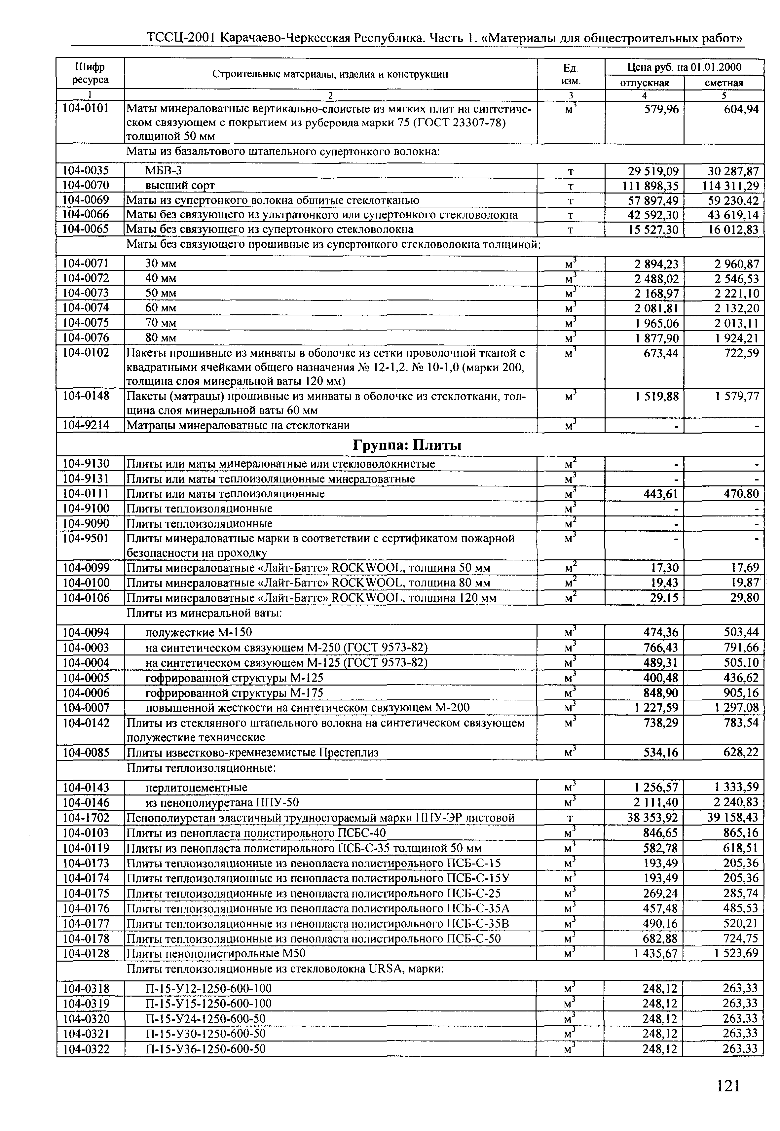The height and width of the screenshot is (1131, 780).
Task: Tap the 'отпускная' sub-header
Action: (644, 83)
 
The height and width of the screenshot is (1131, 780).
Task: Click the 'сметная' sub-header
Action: (723, 83)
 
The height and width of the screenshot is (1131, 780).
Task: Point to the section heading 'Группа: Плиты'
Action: (407, 445)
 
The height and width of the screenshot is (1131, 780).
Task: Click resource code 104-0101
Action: (86, 108)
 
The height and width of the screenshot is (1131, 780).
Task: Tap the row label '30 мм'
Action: (161, 264)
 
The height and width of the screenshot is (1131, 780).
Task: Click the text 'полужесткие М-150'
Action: (199, 633)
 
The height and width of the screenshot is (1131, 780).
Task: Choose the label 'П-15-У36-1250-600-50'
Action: (205, 1049)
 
